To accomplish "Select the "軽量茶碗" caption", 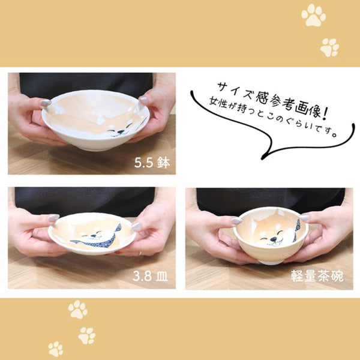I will click(x=323, y=277).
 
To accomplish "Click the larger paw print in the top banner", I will click(x=313, y=16).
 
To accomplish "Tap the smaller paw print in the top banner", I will click(x=329, y=47).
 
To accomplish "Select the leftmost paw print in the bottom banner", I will click(x=56, y=349).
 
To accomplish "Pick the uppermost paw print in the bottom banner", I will click(x=77, y=309).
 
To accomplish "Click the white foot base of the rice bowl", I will click(x=271, y=261).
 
